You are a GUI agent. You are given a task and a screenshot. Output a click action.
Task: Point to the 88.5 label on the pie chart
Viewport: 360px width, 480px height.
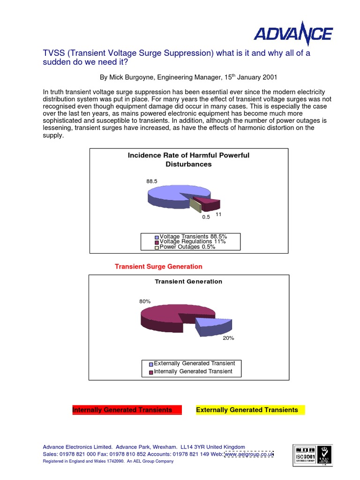[151, 180]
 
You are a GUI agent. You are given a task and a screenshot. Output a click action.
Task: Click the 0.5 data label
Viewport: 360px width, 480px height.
[206, 217]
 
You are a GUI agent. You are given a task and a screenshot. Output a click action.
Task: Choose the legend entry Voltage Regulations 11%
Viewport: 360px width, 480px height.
[192, 241]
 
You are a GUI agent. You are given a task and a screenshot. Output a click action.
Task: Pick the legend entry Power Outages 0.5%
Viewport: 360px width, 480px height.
[187, 247]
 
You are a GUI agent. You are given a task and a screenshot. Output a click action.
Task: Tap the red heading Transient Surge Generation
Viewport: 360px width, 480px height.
[158, 266]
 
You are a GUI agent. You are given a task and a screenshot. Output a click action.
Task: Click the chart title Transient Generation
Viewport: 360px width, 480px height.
[188, 282]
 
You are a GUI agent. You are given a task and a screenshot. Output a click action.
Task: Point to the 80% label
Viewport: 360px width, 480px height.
[145, 301]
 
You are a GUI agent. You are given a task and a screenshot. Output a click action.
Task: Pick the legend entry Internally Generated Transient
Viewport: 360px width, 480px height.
[193, 371]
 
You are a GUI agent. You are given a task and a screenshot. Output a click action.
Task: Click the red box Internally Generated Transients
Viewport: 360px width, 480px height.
[125, 410]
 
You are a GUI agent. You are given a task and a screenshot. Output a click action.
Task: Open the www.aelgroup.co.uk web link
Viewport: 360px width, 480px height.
[249, 454]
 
